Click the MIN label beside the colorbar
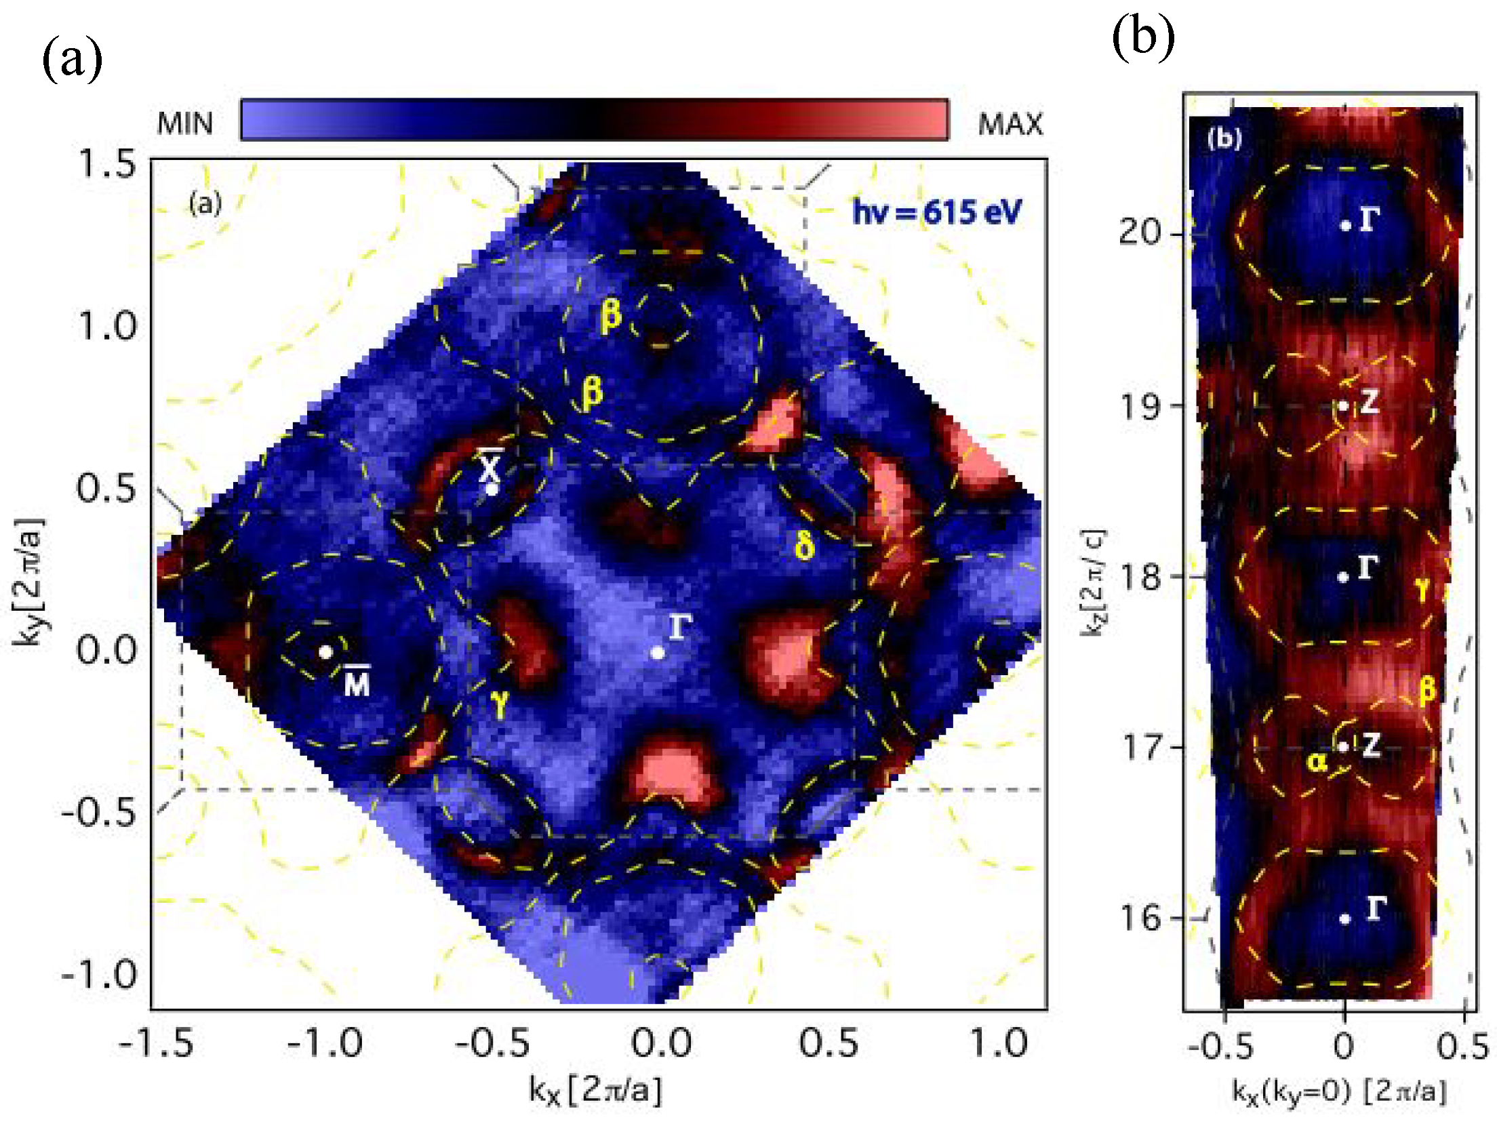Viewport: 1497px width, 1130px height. click(x=184, y=123)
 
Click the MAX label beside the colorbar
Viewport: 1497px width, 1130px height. click(x=1010, y=123)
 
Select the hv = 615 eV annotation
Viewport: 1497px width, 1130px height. click(x=936, y=212)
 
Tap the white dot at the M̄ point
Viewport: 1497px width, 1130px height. click(x=325, y=651)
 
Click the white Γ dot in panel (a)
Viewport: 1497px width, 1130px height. click(x=657, y=653)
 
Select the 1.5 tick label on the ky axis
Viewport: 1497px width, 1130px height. click(x=107, y=164)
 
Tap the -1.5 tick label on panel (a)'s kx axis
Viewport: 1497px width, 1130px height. click(x=156, y=1043)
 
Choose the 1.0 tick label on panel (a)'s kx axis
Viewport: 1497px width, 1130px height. click(x=999, y=1043)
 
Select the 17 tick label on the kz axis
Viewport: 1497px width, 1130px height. click(x=1141, y=747)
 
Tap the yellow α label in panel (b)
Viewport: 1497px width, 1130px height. click(x=1317, y=763)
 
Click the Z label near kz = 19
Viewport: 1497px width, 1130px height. click(x=1368, y=402)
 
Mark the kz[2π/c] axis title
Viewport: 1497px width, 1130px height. click(x=1092, y=582)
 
